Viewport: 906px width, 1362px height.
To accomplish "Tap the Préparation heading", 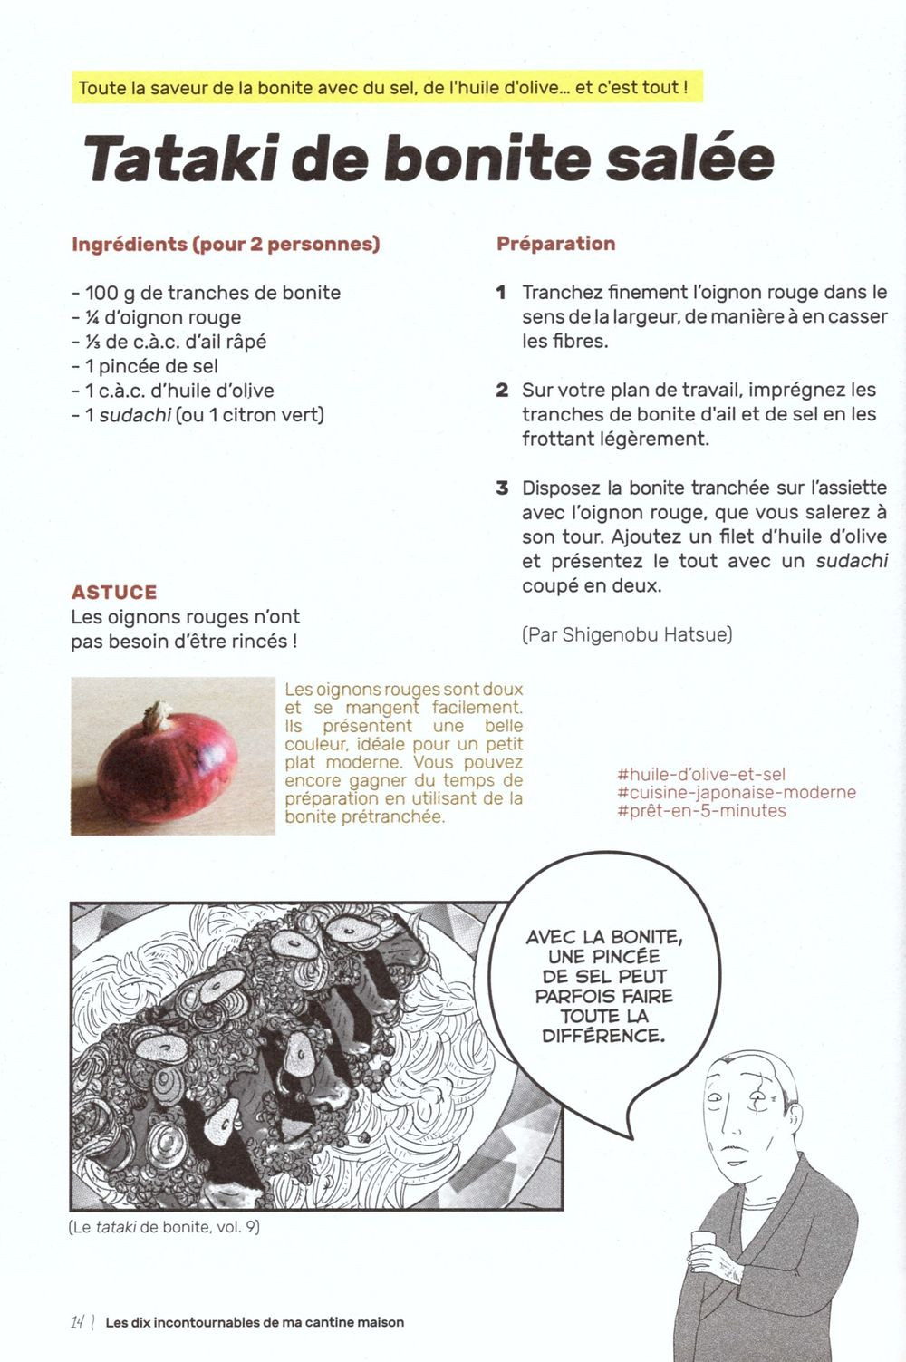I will click(x=555, y=244).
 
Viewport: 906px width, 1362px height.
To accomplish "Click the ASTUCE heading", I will click(x=114, y=593).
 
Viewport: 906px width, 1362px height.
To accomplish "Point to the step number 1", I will click(x=501, y=293).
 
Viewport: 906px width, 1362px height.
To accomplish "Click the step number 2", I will click(x=502, y=391).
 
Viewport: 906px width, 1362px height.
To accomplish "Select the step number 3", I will click(x=502, y=488).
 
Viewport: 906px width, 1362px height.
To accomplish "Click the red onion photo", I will click(x=172, y=756).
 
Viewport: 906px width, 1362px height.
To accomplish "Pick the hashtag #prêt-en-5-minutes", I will click(x=701, y=811).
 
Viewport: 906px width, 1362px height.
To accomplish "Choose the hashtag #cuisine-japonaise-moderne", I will click(x=736, y=793).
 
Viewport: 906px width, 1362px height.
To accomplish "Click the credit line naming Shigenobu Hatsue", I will click(x=627, y=634).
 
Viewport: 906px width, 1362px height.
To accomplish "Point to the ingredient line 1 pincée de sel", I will click(x=145, y=366).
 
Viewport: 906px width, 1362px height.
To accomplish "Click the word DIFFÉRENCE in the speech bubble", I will click(x=602, y=1036).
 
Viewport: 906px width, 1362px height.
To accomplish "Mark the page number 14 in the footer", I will click(x=79, y=1322).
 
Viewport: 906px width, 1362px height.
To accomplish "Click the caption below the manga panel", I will click(x=164, y=1228).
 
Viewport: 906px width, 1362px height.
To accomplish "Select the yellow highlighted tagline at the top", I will click(x=381, y=88).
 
